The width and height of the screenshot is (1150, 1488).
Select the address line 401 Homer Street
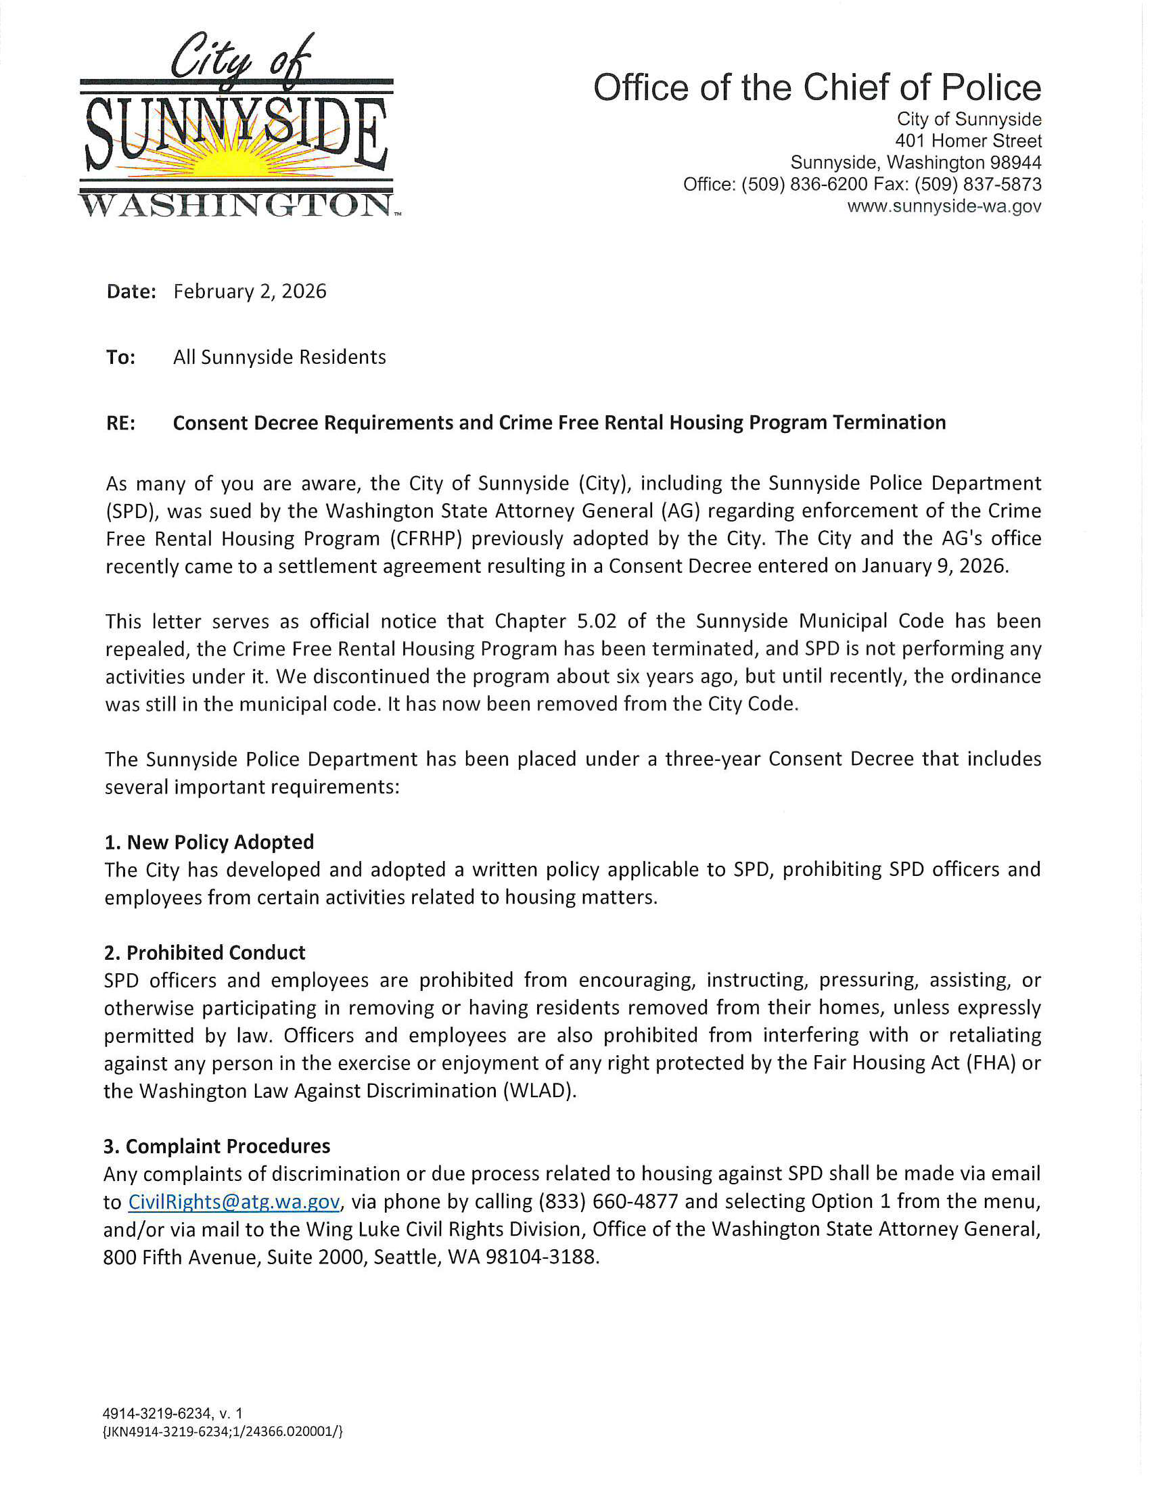coord(967,141)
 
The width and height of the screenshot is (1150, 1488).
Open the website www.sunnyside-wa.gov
coord(944,206)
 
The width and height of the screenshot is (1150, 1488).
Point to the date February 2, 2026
coord(250,292)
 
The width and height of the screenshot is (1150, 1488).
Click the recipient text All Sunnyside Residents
coord(279,357)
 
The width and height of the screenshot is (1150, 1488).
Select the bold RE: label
coord(120,423)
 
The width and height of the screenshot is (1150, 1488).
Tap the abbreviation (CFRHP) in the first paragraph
coord(426,538)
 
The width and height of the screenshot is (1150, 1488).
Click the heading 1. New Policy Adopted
coord(209,842)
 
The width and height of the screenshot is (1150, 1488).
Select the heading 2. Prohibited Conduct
coord(204,952)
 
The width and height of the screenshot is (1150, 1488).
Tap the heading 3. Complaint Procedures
coord(216,1146)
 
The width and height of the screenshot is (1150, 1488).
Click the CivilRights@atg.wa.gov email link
coord(233,1202)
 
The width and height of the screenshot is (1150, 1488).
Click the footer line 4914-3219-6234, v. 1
coord(172,1414)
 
